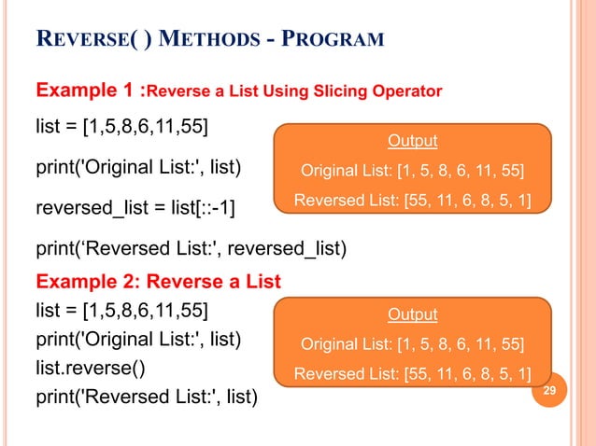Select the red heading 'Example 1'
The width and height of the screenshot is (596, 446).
[84, 91]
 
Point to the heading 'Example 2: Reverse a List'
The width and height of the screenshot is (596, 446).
[158, 281]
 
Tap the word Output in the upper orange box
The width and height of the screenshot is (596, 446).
[412, 141]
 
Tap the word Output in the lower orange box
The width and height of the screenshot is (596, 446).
[412, 314]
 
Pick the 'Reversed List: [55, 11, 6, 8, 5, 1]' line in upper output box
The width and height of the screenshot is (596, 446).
[412, 201]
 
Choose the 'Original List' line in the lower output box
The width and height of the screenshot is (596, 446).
[412, 344]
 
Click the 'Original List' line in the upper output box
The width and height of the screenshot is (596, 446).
[412, 171]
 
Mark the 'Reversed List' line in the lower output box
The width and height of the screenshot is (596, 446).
[412, 375]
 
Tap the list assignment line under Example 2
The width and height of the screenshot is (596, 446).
[122, 309]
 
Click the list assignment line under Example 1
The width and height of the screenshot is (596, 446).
[122, 125]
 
